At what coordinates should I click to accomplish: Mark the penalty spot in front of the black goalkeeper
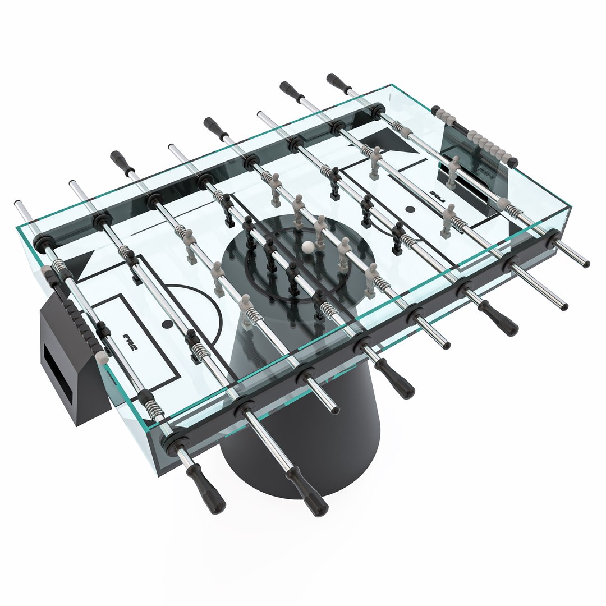(x=167, y=324)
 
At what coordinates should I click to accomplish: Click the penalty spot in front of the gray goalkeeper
(x=410, y=210)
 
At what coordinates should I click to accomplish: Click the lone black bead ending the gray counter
(x=513, y=163)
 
